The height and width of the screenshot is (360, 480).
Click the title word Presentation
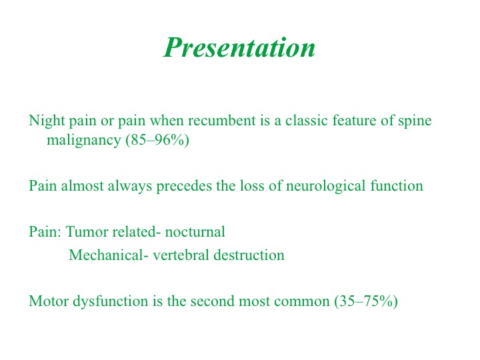click(x=239, y=47)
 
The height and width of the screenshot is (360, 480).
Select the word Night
click(x=47, y=121)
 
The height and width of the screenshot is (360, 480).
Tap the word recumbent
click(x=221, y=120)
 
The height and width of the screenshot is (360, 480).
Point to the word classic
click(x=307, y=120)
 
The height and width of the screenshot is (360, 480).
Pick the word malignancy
click(x=84, y=141)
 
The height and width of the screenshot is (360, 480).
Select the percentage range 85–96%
click(x=157, y=140)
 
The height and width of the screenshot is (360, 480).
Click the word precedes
click(x=184, y=187)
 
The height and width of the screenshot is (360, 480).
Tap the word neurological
click(x=326, y=187)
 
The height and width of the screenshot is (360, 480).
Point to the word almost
click(x=82, y=186)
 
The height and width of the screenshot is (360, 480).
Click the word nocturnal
click(x=195, y=231)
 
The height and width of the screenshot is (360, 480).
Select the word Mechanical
click(x=106, y=255)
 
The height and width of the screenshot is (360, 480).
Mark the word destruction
click(x=249, y=255)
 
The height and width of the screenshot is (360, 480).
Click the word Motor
click(x=49, y=301)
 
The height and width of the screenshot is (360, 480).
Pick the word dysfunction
click(x=111, y=301)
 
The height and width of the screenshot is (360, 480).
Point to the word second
click(x=213, y=301)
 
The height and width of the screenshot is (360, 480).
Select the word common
click(x=302, y=301)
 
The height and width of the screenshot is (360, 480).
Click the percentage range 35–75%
click(x=366, y=301)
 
